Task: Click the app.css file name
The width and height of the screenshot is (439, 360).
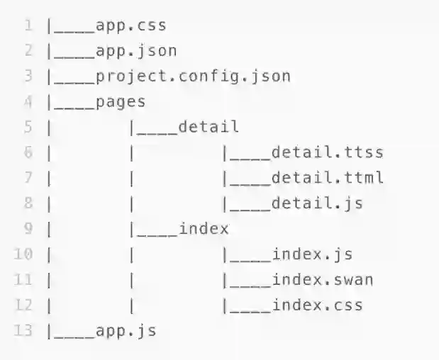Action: [x=130, y=26]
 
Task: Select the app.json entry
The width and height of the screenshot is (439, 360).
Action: [x=135, y=51]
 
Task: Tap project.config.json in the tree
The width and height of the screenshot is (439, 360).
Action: [x=192, y=77]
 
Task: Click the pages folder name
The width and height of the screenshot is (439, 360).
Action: [x=120, y=102]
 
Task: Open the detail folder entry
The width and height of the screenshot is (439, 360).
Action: [x=209, y=127]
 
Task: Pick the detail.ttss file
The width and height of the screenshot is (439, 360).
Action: [x=327, y=152]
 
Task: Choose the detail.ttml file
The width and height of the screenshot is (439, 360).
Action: [x=327, y=178]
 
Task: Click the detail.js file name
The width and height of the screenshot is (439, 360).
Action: [x=317, y=203]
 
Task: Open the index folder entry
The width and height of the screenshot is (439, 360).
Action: [x=204, y=229]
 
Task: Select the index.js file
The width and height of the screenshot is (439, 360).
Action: [x=312, y=254]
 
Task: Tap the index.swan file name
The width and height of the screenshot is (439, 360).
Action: [x=322, y=280]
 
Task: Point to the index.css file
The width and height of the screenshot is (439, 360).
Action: [x=317, y=305]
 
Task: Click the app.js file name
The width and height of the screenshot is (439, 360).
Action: [x=126, y=331]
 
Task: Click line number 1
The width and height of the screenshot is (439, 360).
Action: [x=28, y=26]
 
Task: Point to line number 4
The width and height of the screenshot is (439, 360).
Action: [x=28, y=102]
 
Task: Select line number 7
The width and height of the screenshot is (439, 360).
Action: [x=28, y=178]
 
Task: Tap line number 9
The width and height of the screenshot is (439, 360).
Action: [x=28, y=229]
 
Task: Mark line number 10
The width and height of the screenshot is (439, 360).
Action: [x=24, y=254]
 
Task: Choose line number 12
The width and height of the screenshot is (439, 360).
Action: [x=24, y=305]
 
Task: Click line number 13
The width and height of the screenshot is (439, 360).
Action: [x=24, y=331]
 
